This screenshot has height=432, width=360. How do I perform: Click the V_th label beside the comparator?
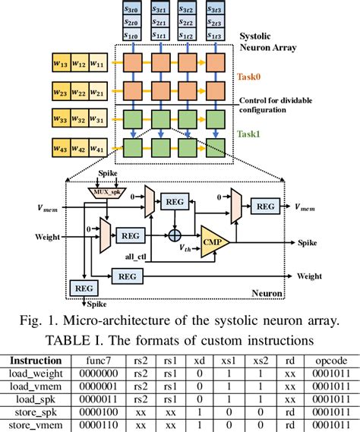point(185,248)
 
